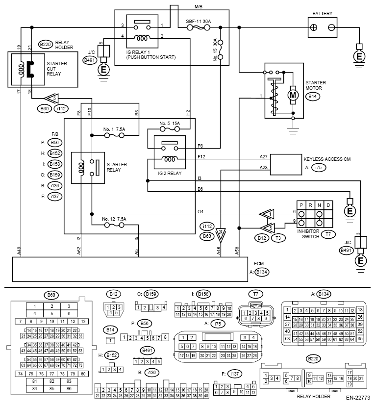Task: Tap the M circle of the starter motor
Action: tap(293, 94)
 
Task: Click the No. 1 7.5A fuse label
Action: tap(114, 129)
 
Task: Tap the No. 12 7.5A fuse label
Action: tap(114, 219)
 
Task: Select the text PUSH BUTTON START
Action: tap(150, 57)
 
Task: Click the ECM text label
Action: tap(258, 263)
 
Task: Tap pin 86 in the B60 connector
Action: tap(69, 389)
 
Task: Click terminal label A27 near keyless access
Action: tap(264, 157)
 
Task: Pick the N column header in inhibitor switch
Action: tap(319, 204)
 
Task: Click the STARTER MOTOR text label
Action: tap(315, 86)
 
